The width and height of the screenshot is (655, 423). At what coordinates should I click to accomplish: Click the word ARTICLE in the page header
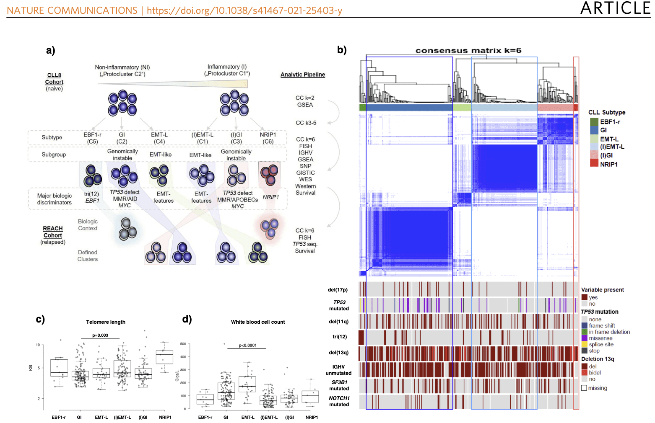point(615,8)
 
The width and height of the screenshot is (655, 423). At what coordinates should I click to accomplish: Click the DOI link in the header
point(244,10)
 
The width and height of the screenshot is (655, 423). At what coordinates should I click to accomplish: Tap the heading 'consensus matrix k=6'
point(468,51)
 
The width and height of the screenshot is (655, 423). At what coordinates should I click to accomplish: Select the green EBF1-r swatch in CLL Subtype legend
point(594,122)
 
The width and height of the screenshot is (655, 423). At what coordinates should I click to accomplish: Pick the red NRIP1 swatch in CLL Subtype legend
point(594,164)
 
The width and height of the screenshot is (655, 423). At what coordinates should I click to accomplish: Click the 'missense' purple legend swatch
point(584,338)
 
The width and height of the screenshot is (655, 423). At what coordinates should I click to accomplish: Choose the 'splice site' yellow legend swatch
point(584,344)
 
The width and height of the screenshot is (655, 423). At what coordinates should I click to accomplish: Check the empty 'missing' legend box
point(584,388)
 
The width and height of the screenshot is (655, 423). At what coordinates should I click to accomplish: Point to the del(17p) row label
point(338,290)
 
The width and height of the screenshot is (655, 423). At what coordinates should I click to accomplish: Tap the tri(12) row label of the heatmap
point(340,337)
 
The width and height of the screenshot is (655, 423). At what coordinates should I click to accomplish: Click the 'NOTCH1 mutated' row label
point(339,401)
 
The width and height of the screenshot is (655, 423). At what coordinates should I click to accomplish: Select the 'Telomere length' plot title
point(106,322)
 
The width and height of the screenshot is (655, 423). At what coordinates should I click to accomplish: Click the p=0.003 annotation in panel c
point(100,335)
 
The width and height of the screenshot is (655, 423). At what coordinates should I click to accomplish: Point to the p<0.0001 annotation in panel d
point(247,346)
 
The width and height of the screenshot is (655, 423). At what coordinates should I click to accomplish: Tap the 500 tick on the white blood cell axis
point(183,344)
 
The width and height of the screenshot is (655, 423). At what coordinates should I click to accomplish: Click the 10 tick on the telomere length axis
point(38,345)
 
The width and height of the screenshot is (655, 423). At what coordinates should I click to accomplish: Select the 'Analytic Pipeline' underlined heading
point(303,75)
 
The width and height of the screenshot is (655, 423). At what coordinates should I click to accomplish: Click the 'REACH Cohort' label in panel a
point(53,232)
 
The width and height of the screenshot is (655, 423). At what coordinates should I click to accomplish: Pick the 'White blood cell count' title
point(258,322)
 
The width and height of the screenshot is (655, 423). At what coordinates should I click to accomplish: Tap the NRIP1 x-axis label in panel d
point(312,417)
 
